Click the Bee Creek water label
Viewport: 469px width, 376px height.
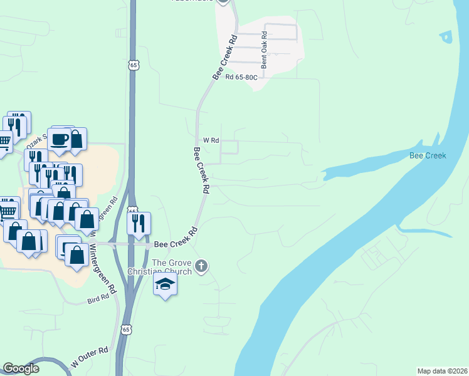[x=427, y=155]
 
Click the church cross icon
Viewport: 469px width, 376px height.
[x=201, y=266]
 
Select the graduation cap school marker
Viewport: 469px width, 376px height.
[x=165, y=285]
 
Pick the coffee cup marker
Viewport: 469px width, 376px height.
[x=60, y=140]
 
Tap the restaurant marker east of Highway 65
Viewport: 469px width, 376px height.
[x=139, y=222]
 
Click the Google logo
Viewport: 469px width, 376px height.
[x=21, y=368]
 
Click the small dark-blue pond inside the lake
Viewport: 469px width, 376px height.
[x=446, y=37]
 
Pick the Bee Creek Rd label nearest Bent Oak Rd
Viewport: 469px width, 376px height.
[x=225, y=57]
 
